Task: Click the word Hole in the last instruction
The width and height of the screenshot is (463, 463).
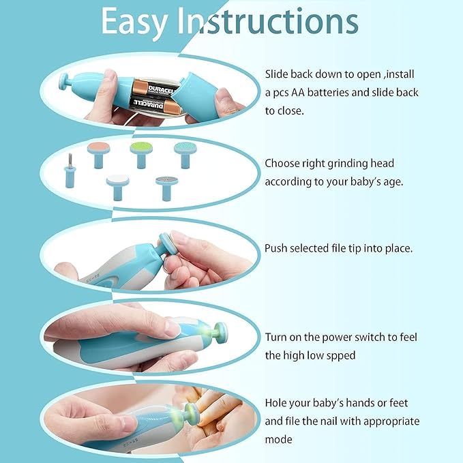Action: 278,403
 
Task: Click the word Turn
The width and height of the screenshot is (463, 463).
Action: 277,338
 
